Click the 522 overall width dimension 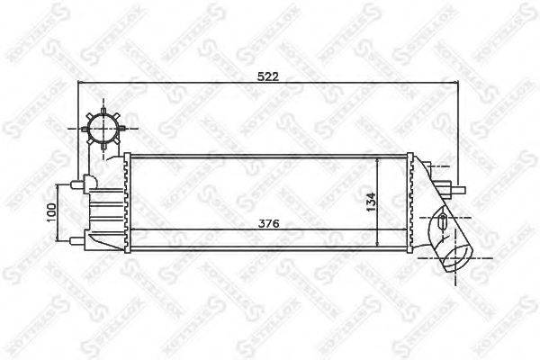pos(266,77)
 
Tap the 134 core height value pos(370,201)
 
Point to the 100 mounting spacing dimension pos(51,211)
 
